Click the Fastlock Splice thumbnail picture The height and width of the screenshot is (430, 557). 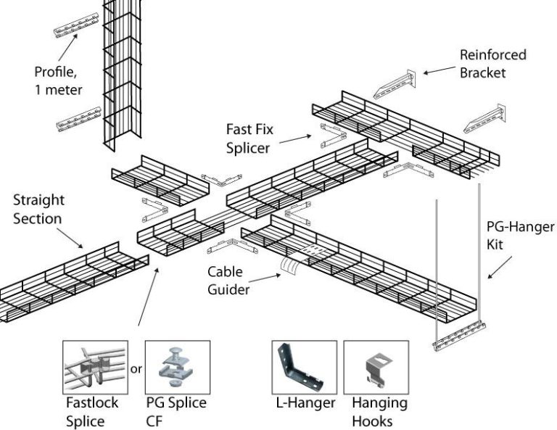click(x=96, y=367)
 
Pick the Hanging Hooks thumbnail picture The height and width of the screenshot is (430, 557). click(x=375, y=367)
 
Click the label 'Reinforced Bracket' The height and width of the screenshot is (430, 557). click(x=492, y=64)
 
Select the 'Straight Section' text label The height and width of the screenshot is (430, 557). click(x=38, y=208)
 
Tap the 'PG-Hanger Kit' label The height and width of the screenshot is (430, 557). click(x=519, y=235)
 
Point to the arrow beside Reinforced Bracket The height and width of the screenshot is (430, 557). click(x=438, y=70)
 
